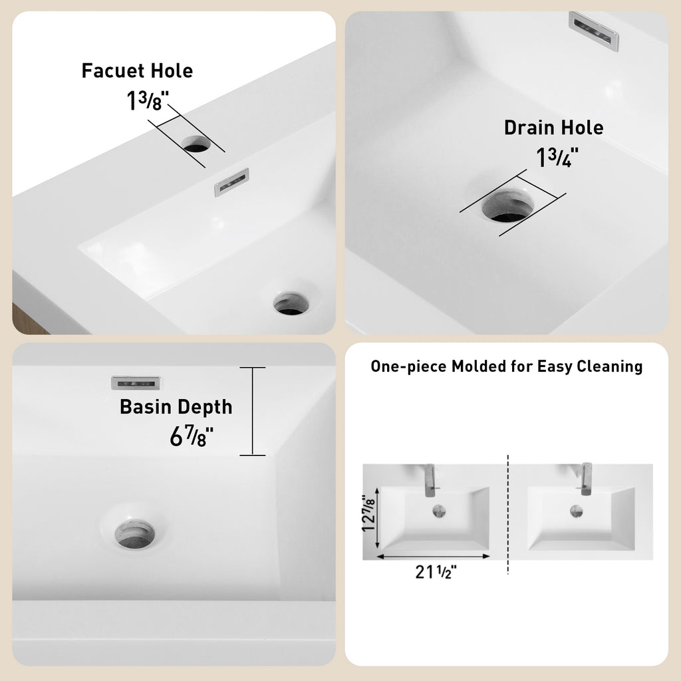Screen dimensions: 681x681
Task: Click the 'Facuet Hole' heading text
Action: pyautogui.click(x=137, y=70)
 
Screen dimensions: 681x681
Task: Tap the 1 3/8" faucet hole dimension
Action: pyautogui.click(x=147, y=100)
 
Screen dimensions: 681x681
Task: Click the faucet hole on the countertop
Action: pyautogui.click(x=196, y=144)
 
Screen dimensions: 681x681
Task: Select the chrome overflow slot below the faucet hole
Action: pyautogui.click(x=232, y=182)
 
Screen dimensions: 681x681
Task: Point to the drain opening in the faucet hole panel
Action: pyautogui.click(x=291, y=303)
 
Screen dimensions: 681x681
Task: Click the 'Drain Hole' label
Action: pyautogui.click(x=554, y=128)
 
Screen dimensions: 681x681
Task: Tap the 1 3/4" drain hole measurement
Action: pyautogui.click(x=557, y=157)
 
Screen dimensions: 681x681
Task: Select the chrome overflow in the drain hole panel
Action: pyautogui.click(x=594, y=31)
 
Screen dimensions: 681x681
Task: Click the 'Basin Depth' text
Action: pyautogui.click(x=176, y=407)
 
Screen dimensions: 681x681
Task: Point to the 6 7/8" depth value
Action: pyautogui.click(x=191, y=436)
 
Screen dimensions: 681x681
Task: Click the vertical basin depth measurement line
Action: pyautogui.click(x=252, y=411)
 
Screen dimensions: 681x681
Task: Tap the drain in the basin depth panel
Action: pyautogui.click(x=134, y=534)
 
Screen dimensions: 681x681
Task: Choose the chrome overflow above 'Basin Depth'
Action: pyautogui.click(x=136, y=382)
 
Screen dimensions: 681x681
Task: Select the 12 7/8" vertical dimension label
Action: pyautogui.click(x=368, y=513)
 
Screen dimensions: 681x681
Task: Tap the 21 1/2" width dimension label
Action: pyautogui.click(x=436, y=572)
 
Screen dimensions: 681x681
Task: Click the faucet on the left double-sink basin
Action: pyautogui.click(x=430, y=480)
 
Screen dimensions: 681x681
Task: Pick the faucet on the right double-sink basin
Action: pyautogui.click(x=586, y=479)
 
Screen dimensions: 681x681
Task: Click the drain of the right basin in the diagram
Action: pyautogui.click(x=577, y=511)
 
